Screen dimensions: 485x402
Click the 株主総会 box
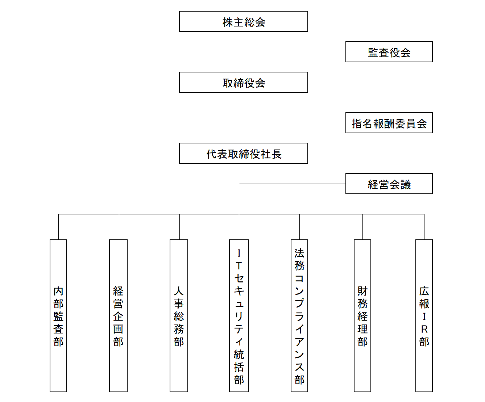pos(244,21)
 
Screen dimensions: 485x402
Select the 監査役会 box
pos(389,52)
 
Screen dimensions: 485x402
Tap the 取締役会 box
pos(244,82)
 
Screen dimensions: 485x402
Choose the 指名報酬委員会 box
pos(389,123)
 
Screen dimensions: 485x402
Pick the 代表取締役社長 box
pos(244,153)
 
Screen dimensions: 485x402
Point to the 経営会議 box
pos(389,184)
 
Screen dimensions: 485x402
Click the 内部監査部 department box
pos(58,316)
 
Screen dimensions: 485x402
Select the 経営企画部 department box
pos(118,316)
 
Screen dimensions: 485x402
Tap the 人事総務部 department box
pos(179,316)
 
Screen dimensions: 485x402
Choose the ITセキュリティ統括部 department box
pos(239,316)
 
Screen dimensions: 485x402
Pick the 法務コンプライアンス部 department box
pos(299,316)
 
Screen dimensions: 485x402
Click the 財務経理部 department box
pos(362,316)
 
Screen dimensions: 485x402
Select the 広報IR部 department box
pos(424,316)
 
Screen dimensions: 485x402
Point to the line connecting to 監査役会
pos(292,52)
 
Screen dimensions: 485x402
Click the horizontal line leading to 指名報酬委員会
pos(292,123)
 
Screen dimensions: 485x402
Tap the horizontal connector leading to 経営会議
pos(292,184)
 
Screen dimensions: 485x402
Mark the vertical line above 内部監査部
pos(58,227)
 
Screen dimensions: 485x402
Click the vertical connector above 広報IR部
pos(424,227)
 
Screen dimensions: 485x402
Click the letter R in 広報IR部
pos(424,329)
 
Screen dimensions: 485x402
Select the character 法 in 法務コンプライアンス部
pos(299,253)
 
